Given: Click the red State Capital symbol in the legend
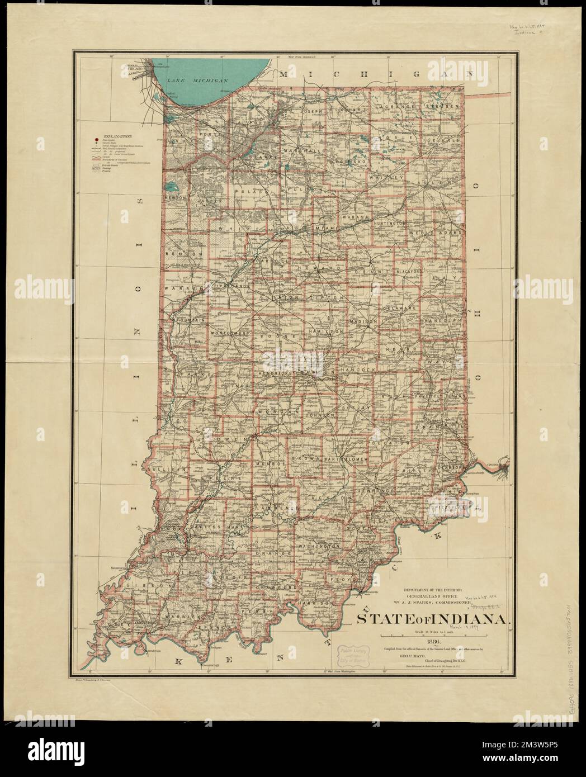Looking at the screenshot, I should pos(97,140).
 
